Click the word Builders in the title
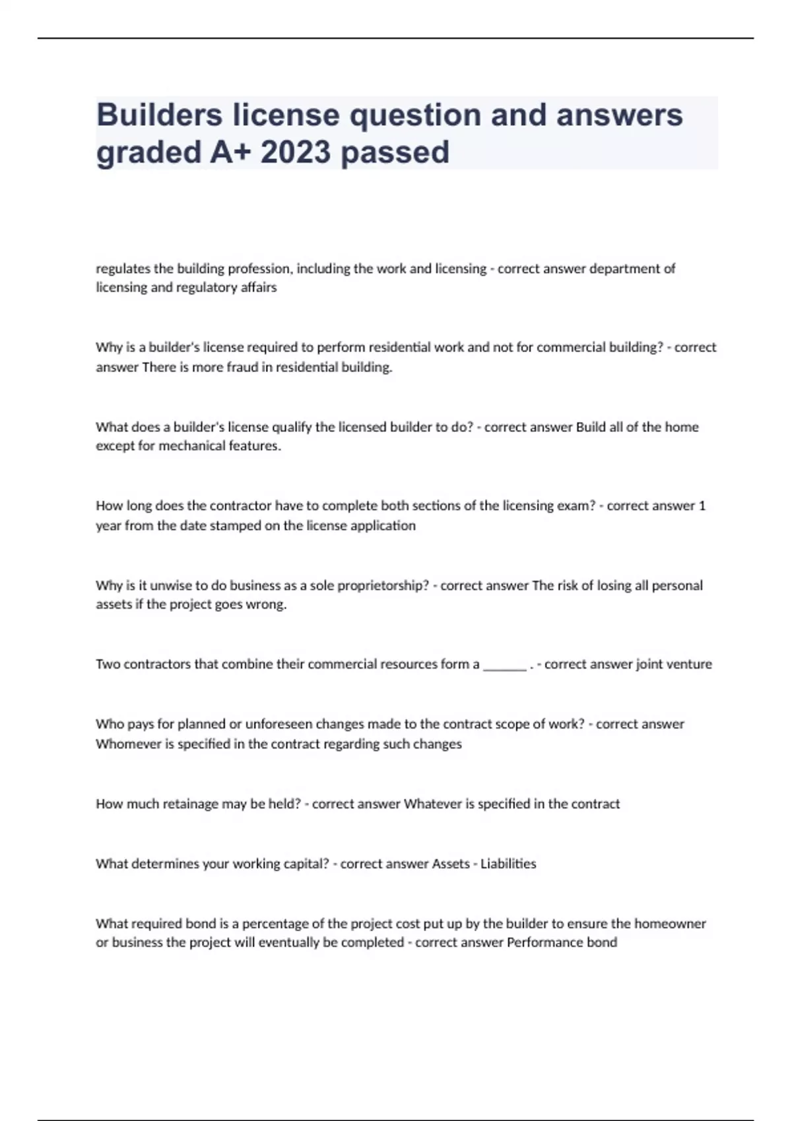[x=159, y=115]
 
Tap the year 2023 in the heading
[x=295, y=152]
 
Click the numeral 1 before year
[x=702, y=506]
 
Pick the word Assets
[x=450, y=864]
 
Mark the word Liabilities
[x=508, y=864]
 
